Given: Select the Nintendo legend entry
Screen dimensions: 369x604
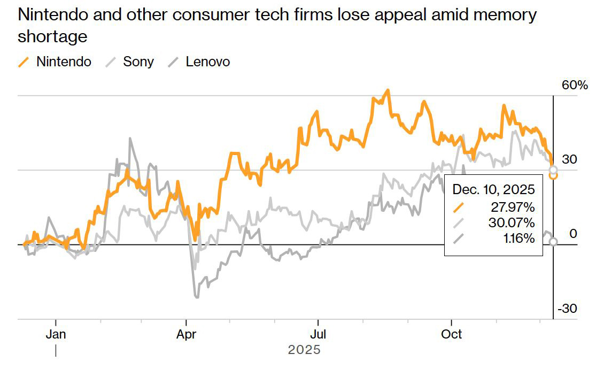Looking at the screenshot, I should [x=64, y=61].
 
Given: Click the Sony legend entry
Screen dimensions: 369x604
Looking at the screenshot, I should [x=138, y=61].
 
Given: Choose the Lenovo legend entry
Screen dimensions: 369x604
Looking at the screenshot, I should [x=208, y=61].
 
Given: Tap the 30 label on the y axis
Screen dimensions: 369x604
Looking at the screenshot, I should [x=570, y=159].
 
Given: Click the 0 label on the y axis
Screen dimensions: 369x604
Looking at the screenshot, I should [x=573, y=234].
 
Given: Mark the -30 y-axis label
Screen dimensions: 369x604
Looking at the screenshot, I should [x=567, y=309].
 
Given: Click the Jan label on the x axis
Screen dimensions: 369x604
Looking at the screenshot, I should [x=56, y=334].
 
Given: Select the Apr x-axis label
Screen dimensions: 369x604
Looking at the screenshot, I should [x=186, y=334].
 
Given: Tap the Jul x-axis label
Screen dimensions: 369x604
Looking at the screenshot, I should [x=318, y=334].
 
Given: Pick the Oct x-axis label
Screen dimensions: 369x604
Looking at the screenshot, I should [x=452, y=334].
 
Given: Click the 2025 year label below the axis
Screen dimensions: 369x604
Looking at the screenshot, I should [x=304, y=350].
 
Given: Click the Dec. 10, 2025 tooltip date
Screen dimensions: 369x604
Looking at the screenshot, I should [x=494, y=189].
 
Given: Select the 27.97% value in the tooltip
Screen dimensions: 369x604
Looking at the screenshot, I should [x=513, y=207].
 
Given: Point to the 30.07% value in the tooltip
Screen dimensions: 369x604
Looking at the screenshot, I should [x=513, y=222].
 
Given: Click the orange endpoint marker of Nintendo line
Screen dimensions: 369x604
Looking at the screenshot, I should [x=553, y=175].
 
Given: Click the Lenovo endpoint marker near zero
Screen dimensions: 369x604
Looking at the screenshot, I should [x=553, y=242].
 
